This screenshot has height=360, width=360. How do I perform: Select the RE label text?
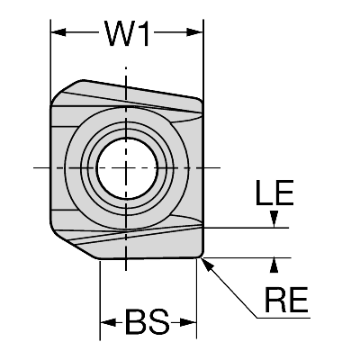click(x=284, y=299)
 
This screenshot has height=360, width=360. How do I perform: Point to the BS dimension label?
click(x=148, y=321)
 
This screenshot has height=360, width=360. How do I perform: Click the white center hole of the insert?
click(x=129, y=168)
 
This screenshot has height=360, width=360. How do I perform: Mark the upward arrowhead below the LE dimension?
click(x=275, y=263)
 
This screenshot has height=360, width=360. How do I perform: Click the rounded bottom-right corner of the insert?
click(x=200, y=254)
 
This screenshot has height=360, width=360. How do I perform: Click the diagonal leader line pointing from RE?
click(x=234, y=289)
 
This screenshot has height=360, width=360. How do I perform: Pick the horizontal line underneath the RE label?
click(x=284, y=316)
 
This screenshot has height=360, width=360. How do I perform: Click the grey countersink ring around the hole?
click(x=129, y=133)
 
